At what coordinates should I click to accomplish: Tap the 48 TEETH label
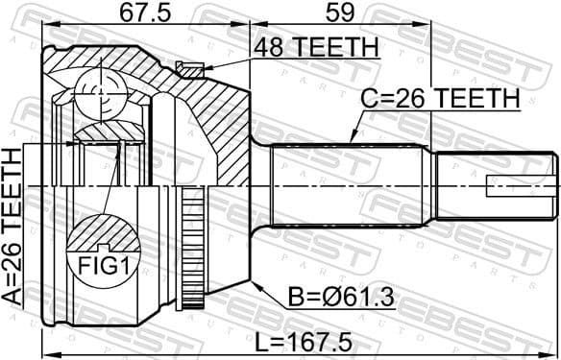point(316,47)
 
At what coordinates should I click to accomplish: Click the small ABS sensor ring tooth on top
point(190,67)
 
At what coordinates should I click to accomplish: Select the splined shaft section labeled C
point(351,181)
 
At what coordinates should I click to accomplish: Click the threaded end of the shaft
point(495,182)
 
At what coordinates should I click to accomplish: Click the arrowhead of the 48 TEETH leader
point(202,67)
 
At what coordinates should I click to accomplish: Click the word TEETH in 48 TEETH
point(342,47)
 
